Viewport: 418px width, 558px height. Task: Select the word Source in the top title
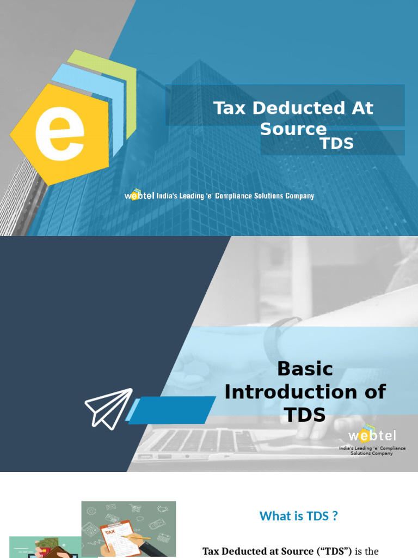coord(293,129)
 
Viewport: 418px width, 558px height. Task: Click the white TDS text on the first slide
coord(336,143)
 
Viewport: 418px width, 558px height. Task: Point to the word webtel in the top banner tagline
coord(140,195)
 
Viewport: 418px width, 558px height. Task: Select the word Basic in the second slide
coord(305,369)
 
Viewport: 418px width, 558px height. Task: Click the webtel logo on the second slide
coord(372,435)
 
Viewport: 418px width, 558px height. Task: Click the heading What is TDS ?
coord(298,516)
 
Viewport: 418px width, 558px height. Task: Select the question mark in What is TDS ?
coord(334,516)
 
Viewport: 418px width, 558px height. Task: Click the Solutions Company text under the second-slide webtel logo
coord(372,453)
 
